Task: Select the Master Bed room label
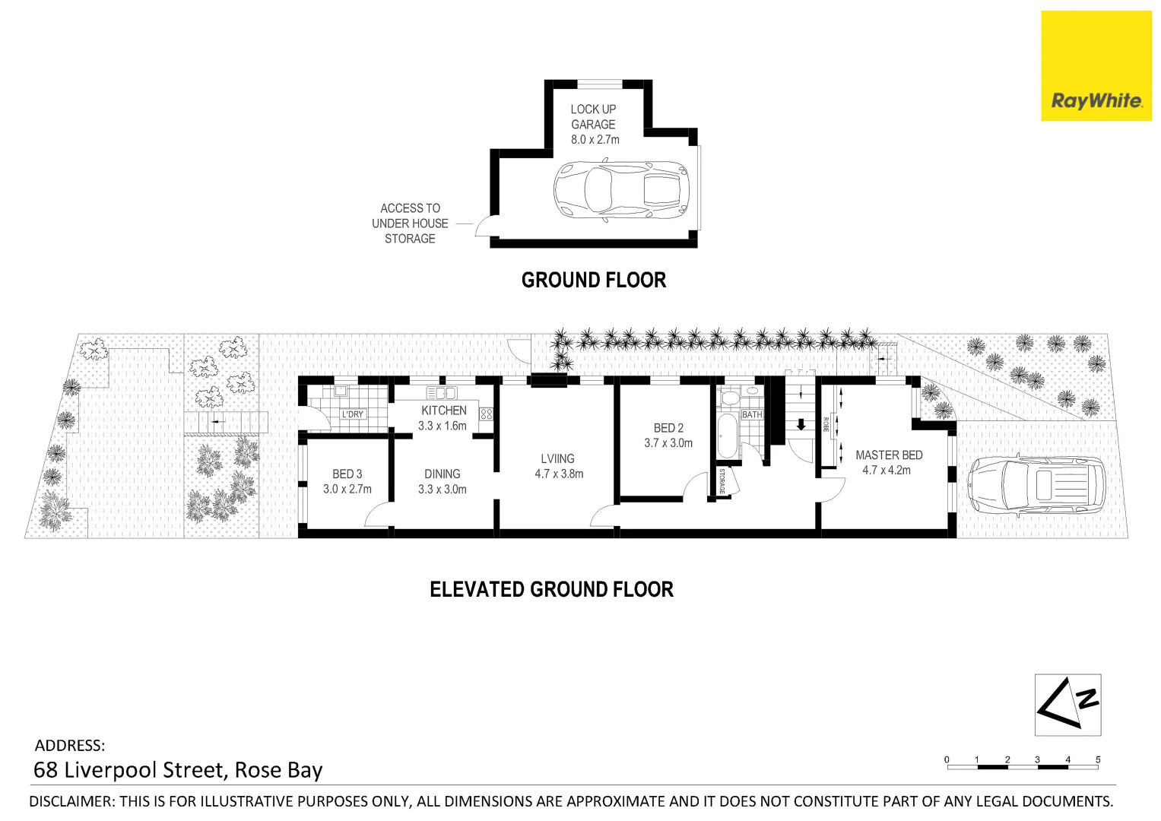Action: [x=888, y=455]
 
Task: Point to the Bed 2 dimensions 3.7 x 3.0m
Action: [x=668, y=443]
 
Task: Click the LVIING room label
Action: [x=557, y=459]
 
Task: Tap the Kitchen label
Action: [x=443, y=410]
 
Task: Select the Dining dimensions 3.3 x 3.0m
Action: [x=442, y=490]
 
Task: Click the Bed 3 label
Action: [x=347, y=474]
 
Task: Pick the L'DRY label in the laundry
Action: [x=352, y=414]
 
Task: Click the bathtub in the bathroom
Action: [x=728, y=436]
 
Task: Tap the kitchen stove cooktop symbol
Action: [x=486, y=414]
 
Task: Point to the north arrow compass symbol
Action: [x=1067, y=705]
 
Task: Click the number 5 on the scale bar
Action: [x=1097, y=759]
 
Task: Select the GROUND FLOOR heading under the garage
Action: [x=593, y=281]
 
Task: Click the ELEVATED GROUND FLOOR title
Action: [x=551, y=590]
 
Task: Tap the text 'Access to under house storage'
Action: [x=410, y=223]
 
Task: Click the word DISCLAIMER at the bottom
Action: [x=71, y=801]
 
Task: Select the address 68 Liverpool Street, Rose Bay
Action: [x=178, y=770]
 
